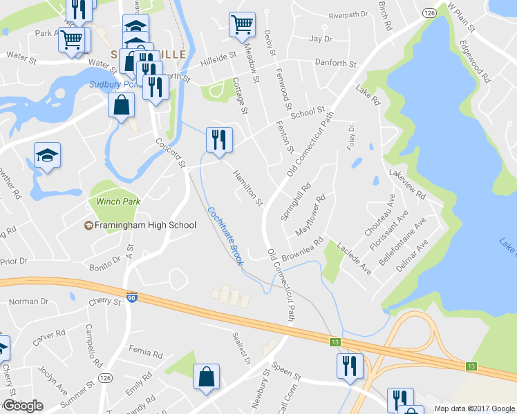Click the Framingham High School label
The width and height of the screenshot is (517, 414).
click(x=146, y=225)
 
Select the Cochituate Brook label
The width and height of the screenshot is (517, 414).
click(x=227, y=237)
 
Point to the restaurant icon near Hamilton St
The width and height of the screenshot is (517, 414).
click(x=219, y=139)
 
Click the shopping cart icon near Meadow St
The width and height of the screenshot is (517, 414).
click(x=243, y=25)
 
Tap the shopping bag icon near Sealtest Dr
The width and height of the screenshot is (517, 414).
click(x=206, y=377)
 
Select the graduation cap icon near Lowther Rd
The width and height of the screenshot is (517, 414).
click(x=47, y=155)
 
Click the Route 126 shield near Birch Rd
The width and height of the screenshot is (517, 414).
click(x=430, y=13)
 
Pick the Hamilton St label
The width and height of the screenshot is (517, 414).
click(x=249, y=188)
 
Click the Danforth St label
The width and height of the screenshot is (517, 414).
click(x=335, y=63)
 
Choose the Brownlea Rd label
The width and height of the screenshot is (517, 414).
click(x=303, y=250)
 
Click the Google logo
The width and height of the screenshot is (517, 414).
click(x=23, y=406)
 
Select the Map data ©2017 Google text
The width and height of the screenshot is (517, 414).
click(x=474, y=408)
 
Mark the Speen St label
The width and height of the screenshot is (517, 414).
click(x=286, y=373)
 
